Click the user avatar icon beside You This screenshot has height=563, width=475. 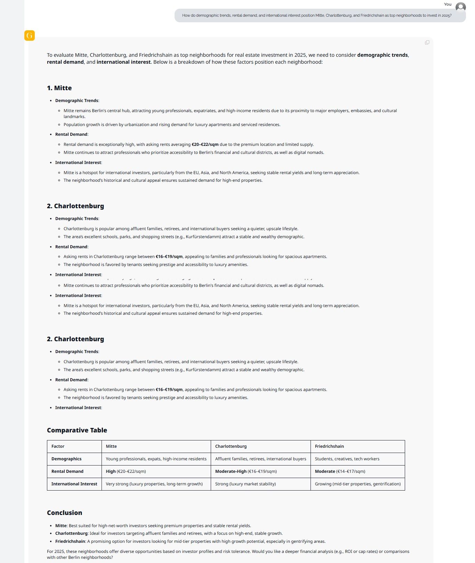[x=460, y=7]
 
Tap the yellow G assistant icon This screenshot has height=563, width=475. [x=30, y=35]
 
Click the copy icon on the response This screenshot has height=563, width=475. [x=427, y=42]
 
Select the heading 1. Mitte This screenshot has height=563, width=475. [x=59, y=88]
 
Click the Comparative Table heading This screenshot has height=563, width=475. [x=77, y=430]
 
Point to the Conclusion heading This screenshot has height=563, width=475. [x=64, y=513]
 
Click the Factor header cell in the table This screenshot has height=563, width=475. [x=58, y=446]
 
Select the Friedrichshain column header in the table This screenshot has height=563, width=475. [x=329, y=446]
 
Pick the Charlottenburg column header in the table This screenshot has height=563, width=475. [x=231, y=446]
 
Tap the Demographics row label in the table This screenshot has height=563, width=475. [x=66, y=459]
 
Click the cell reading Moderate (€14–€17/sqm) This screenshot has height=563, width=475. [x=340, y=471]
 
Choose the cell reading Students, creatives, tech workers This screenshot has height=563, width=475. [x=347, y=459]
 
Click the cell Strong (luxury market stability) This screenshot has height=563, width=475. [x=245, y=484]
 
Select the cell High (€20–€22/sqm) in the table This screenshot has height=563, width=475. [x=126, y=471]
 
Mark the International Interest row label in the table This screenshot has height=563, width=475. [x=74, y=484]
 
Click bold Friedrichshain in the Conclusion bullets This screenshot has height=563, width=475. [x=70, y=541]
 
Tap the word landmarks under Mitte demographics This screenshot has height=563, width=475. [x=74, y=117]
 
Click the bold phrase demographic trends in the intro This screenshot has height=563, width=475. [x=383, y=55]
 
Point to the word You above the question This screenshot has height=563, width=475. [x=448, y=4]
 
